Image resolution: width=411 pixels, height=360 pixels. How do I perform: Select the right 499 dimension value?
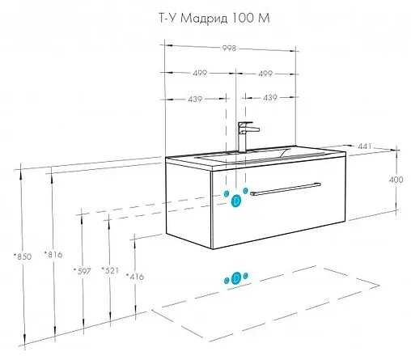(x=269, y=73)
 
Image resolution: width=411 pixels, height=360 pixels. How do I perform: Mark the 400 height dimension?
(x=396, y=180)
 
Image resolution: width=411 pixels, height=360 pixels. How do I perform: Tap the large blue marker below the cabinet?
(x=235, y=277)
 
